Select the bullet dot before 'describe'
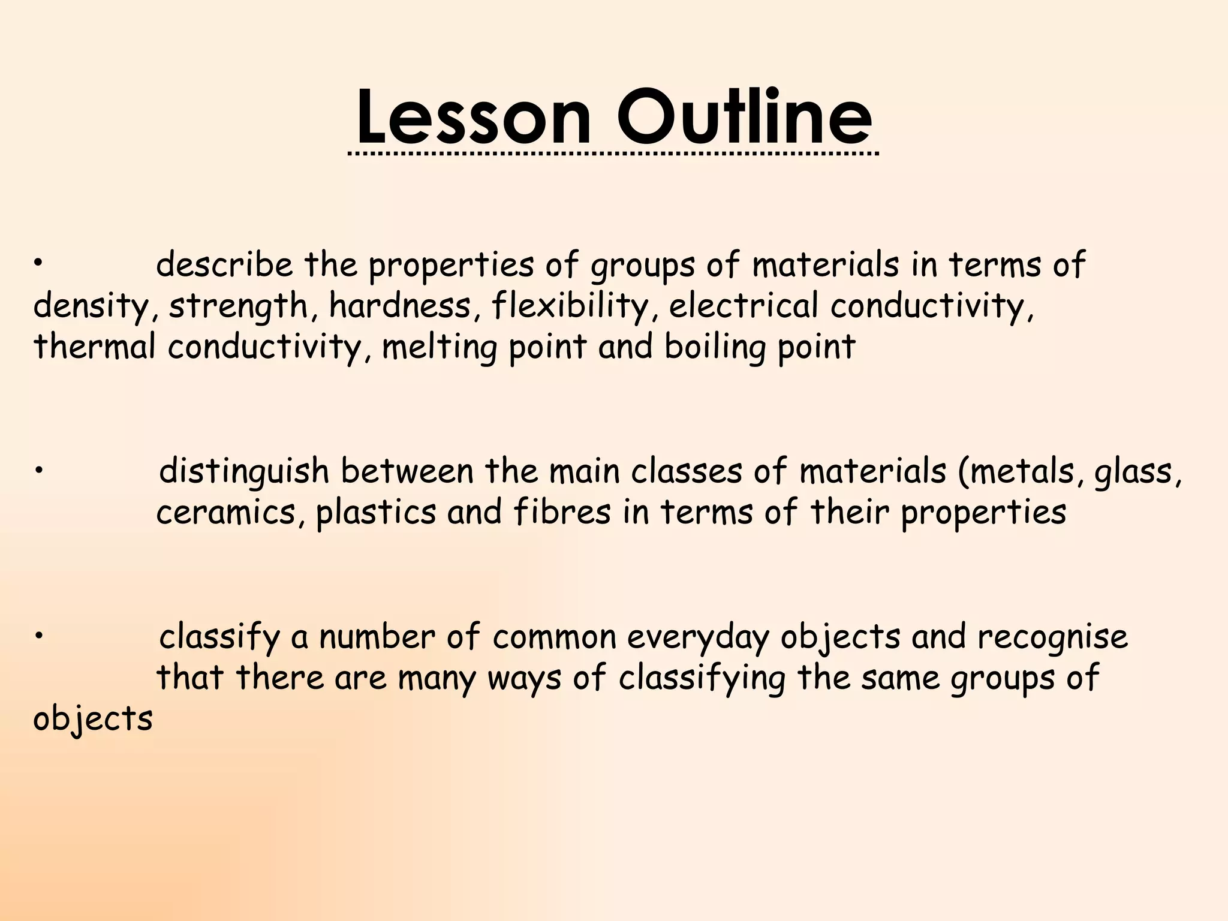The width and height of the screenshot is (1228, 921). tap(37, 262)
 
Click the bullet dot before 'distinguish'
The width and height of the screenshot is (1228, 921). tap(37, 471)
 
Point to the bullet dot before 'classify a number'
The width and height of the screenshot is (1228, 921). tap(37, 636)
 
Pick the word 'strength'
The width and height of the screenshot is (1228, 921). tap(237, 306)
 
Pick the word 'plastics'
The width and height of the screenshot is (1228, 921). tap(375, 513)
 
